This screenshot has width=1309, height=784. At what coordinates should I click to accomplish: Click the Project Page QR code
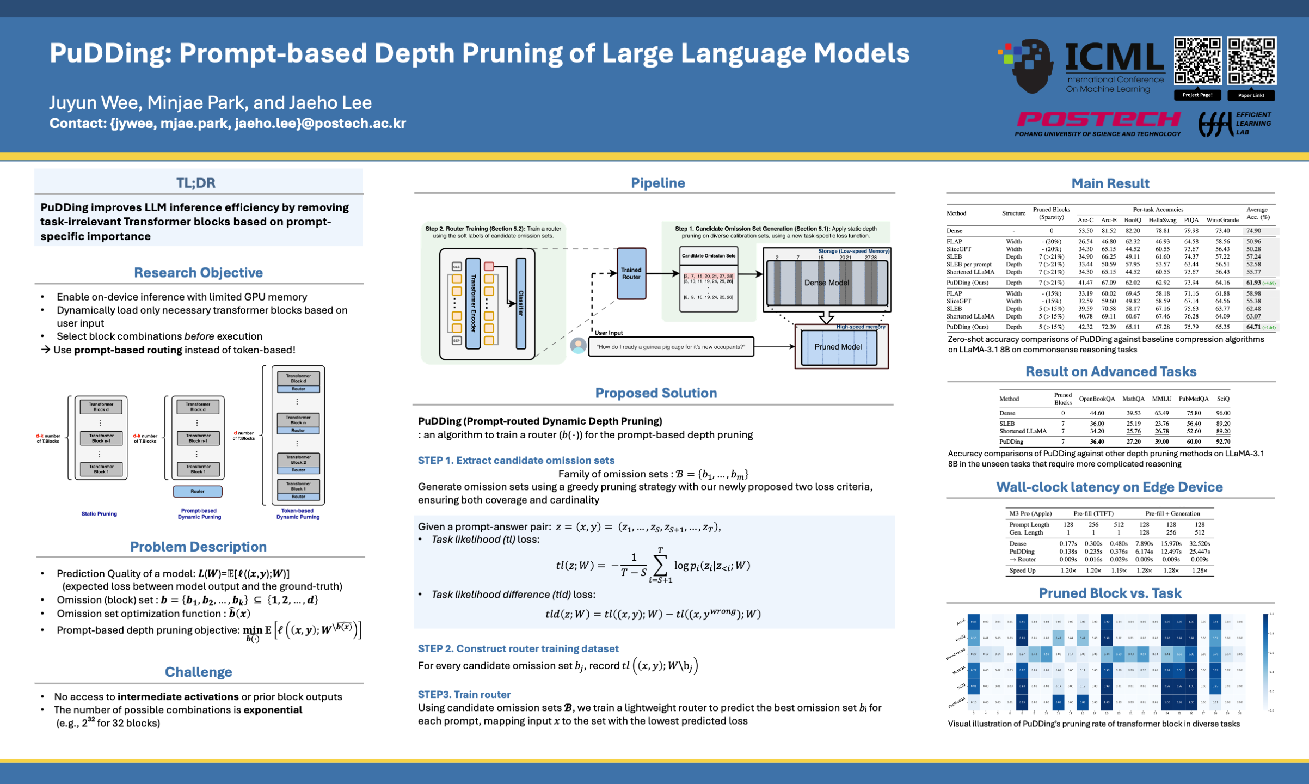pyautogui.click(x=1197, y=60)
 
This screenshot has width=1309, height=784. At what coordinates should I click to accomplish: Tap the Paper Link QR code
pyautogui.click(x=1251, y=60)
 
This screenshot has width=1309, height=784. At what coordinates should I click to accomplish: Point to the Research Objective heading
pyautogui.click(x=198, y=272)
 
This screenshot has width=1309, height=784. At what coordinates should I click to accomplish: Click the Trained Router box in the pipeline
pyautogui.click(x=631, y=273)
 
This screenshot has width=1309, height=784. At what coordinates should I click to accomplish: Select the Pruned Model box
pyautogui.click(x=838, y=347)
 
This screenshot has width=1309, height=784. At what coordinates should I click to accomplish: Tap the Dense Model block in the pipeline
pyautogui.click(x=826, y=283)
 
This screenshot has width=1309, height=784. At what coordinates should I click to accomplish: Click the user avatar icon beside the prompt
pyautogui.click(x=578, y=345)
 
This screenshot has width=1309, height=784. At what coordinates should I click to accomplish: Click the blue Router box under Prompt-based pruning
pyautogui.click(x=198, y=491)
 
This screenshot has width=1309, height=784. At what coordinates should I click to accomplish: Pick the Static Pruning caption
pyautogui.click(x=99, y=513)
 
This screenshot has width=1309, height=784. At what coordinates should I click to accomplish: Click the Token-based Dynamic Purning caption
pyautogui.click(x=298, y=514)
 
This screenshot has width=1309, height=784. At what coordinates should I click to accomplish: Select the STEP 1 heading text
pyautogui.click(x=516, y=461)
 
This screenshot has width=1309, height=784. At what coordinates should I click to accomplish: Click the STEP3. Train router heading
pyautogui.click(x=464, y=694)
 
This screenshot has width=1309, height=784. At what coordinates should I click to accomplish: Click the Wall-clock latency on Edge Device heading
pyautogui.click(x=1109, y=487)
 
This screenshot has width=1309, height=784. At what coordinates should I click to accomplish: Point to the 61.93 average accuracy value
pyautogui.click(x=1253, y=283)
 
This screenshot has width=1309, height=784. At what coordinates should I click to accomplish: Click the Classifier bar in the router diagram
pyautogui.click(x=521, y=303)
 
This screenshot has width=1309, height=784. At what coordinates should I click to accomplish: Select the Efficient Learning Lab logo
pyautogui.click(x=1234, y=124)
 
